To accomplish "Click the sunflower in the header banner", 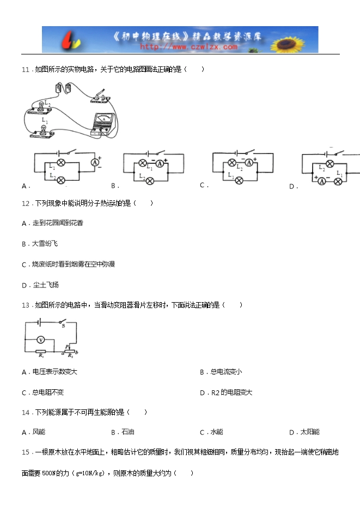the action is pyautogui.click(x=288, y=45).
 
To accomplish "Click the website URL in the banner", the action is pyautogui.click(x=188, y=47).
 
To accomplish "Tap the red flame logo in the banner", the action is pyautogui.click(x=72, y=40).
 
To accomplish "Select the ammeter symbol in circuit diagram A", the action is pyautogui.click(x=95, y=162).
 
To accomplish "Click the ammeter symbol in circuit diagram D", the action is pyautogui.click(x=321, y=181).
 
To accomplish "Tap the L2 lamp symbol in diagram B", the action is pyautogui.click(x=150, y=181).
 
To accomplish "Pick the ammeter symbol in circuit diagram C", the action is pyautogui.click(x=249, y=163).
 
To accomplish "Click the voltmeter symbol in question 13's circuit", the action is pyautogui.click(x=41, y=340).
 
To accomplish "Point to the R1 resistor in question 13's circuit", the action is pyautogui.click(x=41, y=352).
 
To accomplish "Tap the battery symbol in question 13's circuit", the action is pyautogui.click(x=39, y=322).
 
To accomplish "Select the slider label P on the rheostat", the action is pyautogui.click(x=66, y=347).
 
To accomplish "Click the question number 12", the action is pyautogui.click(x=26, y=204).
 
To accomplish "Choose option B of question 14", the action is pyautogui.click(x=123, y=432).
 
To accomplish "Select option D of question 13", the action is pyautogui.click(x=226, y=393).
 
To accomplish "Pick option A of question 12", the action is pyautogui.click(x=53, y=223).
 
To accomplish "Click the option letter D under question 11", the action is pyautogui.click(x=292, y=187).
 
